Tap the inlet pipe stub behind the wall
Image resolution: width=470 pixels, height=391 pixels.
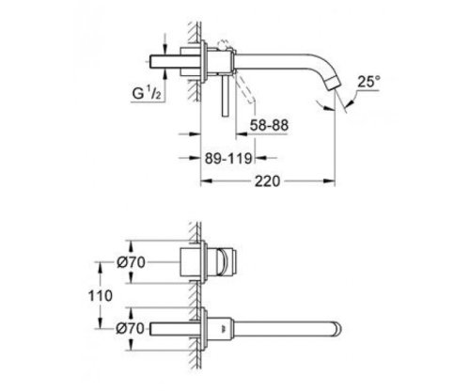pyautogui.click(x=173, y=68)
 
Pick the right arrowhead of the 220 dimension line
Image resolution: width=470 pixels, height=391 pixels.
pyautogui.click(x=333, y=177)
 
